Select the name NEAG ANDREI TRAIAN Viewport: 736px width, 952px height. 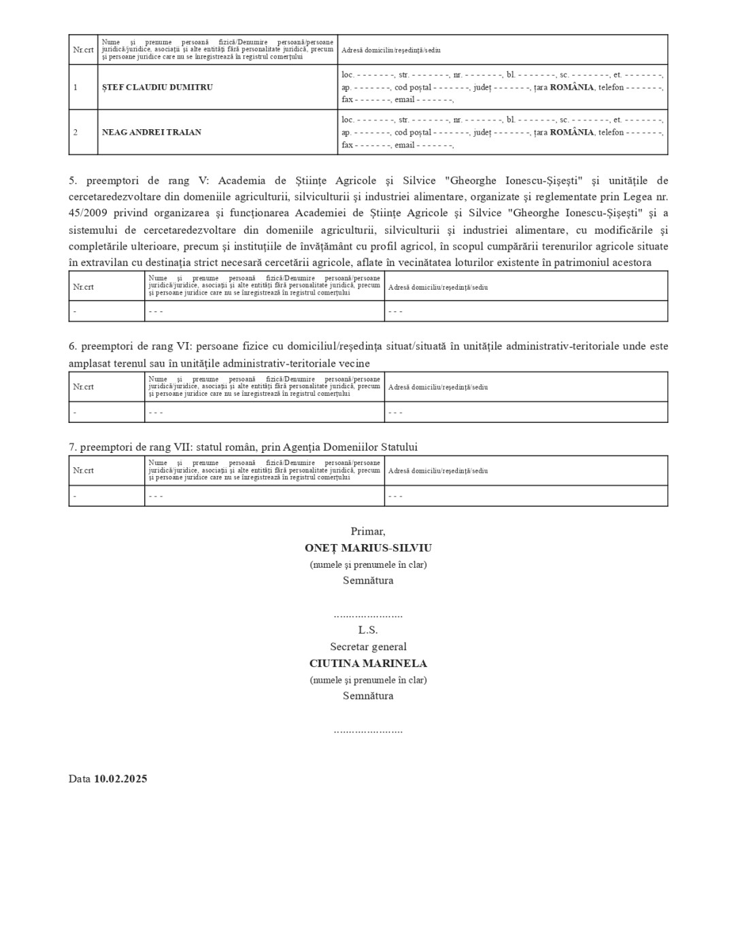click(152, 133)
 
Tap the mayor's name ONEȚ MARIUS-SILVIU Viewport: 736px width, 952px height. click(368, 548)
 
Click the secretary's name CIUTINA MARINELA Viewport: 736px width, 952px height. click(368, 664)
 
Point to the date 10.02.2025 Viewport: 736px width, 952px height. click(120, 779)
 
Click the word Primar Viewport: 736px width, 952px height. click(368, 532)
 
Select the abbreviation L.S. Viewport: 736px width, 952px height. click(368, 630)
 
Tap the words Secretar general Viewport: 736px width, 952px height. click(368, 647)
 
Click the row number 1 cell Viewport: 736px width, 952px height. click(76, 88)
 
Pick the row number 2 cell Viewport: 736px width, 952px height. click(76, 133)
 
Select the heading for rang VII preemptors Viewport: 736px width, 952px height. click(243, 447)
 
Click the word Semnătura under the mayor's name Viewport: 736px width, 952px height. click(368, 581)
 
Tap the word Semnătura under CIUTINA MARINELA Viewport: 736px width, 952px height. click(368, 696)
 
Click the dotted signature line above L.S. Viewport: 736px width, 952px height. click(368, 615)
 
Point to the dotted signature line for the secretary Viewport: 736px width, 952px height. click(368, 731)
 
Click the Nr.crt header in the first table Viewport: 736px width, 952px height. click(83, 50)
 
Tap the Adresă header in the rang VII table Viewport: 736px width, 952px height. click(437, 471)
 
